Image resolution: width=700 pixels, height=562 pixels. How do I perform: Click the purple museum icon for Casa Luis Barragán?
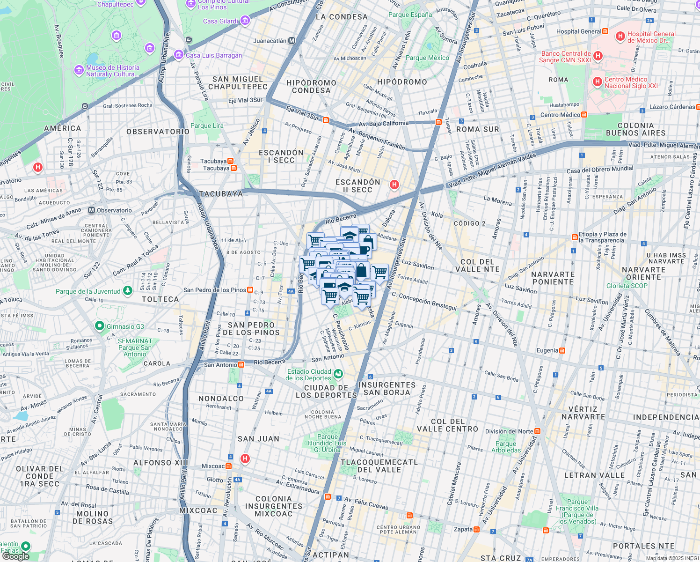(178, 55)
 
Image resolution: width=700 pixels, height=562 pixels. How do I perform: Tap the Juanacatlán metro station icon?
(292, 41)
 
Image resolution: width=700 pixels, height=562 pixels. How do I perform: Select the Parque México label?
(427, 58)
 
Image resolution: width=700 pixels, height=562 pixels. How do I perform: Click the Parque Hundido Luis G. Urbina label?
(327, 443)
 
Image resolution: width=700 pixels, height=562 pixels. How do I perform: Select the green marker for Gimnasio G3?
(99, 326)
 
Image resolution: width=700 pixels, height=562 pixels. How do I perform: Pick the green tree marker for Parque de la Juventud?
(127, 291)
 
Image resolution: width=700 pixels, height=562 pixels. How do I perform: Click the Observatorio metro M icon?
(92, 210)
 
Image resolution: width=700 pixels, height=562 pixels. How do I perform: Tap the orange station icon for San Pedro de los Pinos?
(250, 290)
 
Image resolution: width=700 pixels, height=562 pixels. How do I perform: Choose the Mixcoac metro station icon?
(228, 466)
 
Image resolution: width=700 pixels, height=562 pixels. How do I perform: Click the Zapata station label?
(463, 529)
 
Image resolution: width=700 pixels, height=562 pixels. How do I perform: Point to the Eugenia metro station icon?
(562, 350)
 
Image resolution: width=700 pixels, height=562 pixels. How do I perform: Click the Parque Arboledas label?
(506, 447)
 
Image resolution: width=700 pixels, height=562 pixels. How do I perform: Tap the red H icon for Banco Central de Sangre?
(598, 56)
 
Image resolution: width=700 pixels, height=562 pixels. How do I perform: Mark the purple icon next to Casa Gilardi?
(245, 21)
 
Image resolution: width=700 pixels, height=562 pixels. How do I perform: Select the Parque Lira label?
(207, 126)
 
